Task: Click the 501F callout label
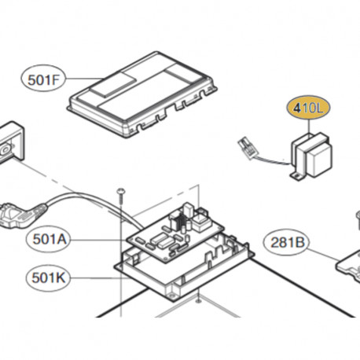pos(43,79)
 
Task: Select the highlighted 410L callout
pos(309,108)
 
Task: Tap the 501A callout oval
pos(49,239)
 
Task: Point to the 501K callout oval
pos(49,278)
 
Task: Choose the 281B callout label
pos(287,242)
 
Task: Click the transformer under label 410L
pos(311,156)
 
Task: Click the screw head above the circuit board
pos(121,190)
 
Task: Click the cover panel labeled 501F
pos(142,94)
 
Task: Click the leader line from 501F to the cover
pos(84,79)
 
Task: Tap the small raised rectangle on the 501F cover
pos(113,84)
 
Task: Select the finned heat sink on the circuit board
pos(180,220)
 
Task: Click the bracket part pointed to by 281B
pos(348,265)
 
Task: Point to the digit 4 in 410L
pos(297,108)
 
